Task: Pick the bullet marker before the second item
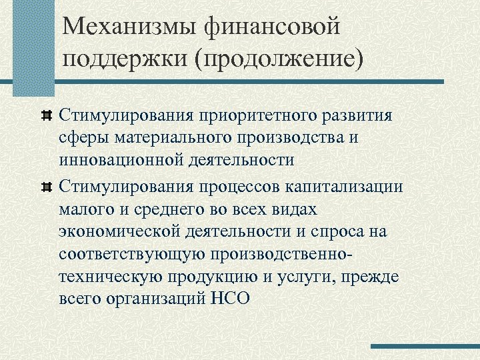(47, 186)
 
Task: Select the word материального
(179, 137)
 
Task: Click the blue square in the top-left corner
(33, 47)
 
